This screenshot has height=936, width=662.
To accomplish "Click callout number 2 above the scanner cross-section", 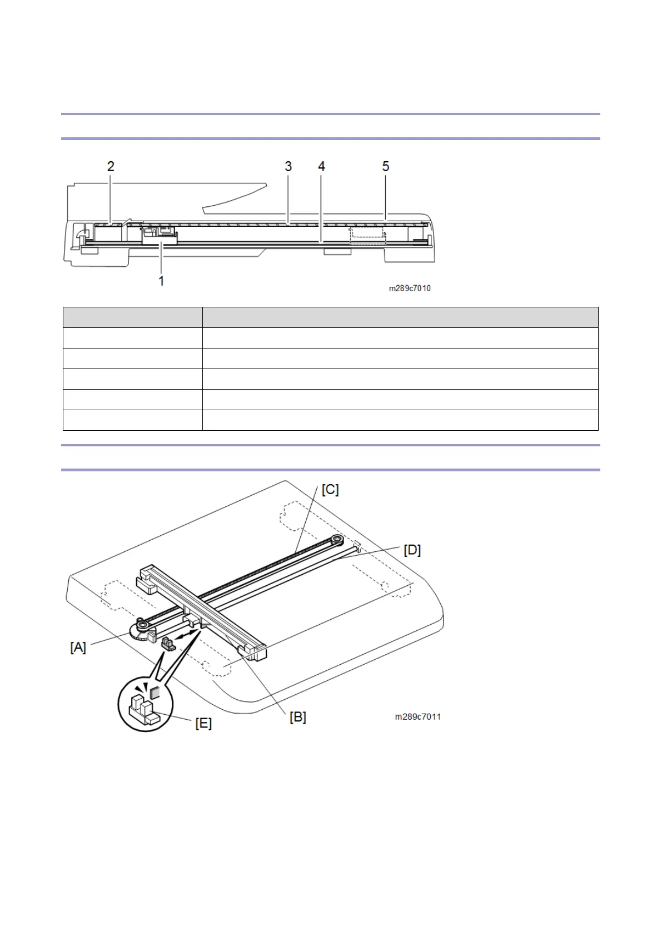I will [x=111, y=166].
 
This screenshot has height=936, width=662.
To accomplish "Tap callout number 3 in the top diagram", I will [x=288, y=166].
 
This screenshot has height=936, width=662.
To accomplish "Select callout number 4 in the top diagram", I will [x=321, y=166].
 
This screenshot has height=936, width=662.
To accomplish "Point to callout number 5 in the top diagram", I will [x=386, y=166].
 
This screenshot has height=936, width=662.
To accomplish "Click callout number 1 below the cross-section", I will [x=161, y=281].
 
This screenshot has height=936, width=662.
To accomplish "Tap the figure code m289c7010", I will [x=410, y=288].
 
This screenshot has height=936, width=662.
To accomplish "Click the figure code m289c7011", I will [x=418, y=716].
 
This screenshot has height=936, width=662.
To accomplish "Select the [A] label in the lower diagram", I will [x=78, y=647].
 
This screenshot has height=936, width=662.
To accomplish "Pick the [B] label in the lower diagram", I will [x=298, y=717].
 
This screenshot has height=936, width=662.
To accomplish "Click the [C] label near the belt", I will [x=330, y=490].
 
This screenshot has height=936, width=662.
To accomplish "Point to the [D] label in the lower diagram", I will [x=412, y=550].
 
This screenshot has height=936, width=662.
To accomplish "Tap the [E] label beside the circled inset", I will [x=203, y=723].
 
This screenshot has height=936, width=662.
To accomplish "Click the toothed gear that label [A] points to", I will [x=140, y=631].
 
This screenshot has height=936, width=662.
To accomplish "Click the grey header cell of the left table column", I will [x=132, y=317].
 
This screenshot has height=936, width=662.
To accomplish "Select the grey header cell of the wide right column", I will [x=400, y=317].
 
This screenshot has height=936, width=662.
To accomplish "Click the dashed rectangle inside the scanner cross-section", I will [x=367, y=235].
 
